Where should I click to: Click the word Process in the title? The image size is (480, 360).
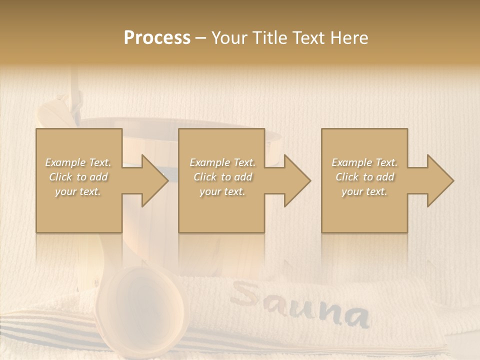click(157, 38)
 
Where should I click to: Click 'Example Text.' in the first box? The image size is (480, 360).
click(78, 162)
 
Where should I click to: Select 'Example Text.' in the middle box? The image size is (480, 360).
click(222, 162)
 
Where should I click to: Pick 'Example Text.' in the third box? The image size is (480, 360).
click(364, 162)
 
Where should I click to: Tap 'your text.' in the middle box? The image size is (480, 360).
click(222, 191)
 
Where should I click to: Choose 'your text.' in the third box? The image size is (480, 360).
click(364, 191)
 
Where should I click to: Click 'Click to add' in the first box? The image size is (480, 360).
click(78, 177)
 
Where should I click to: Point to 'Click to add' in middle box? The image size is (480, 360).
click(222, 177)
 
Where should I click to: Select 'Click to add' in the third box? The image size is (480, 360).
click(364, 177)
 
